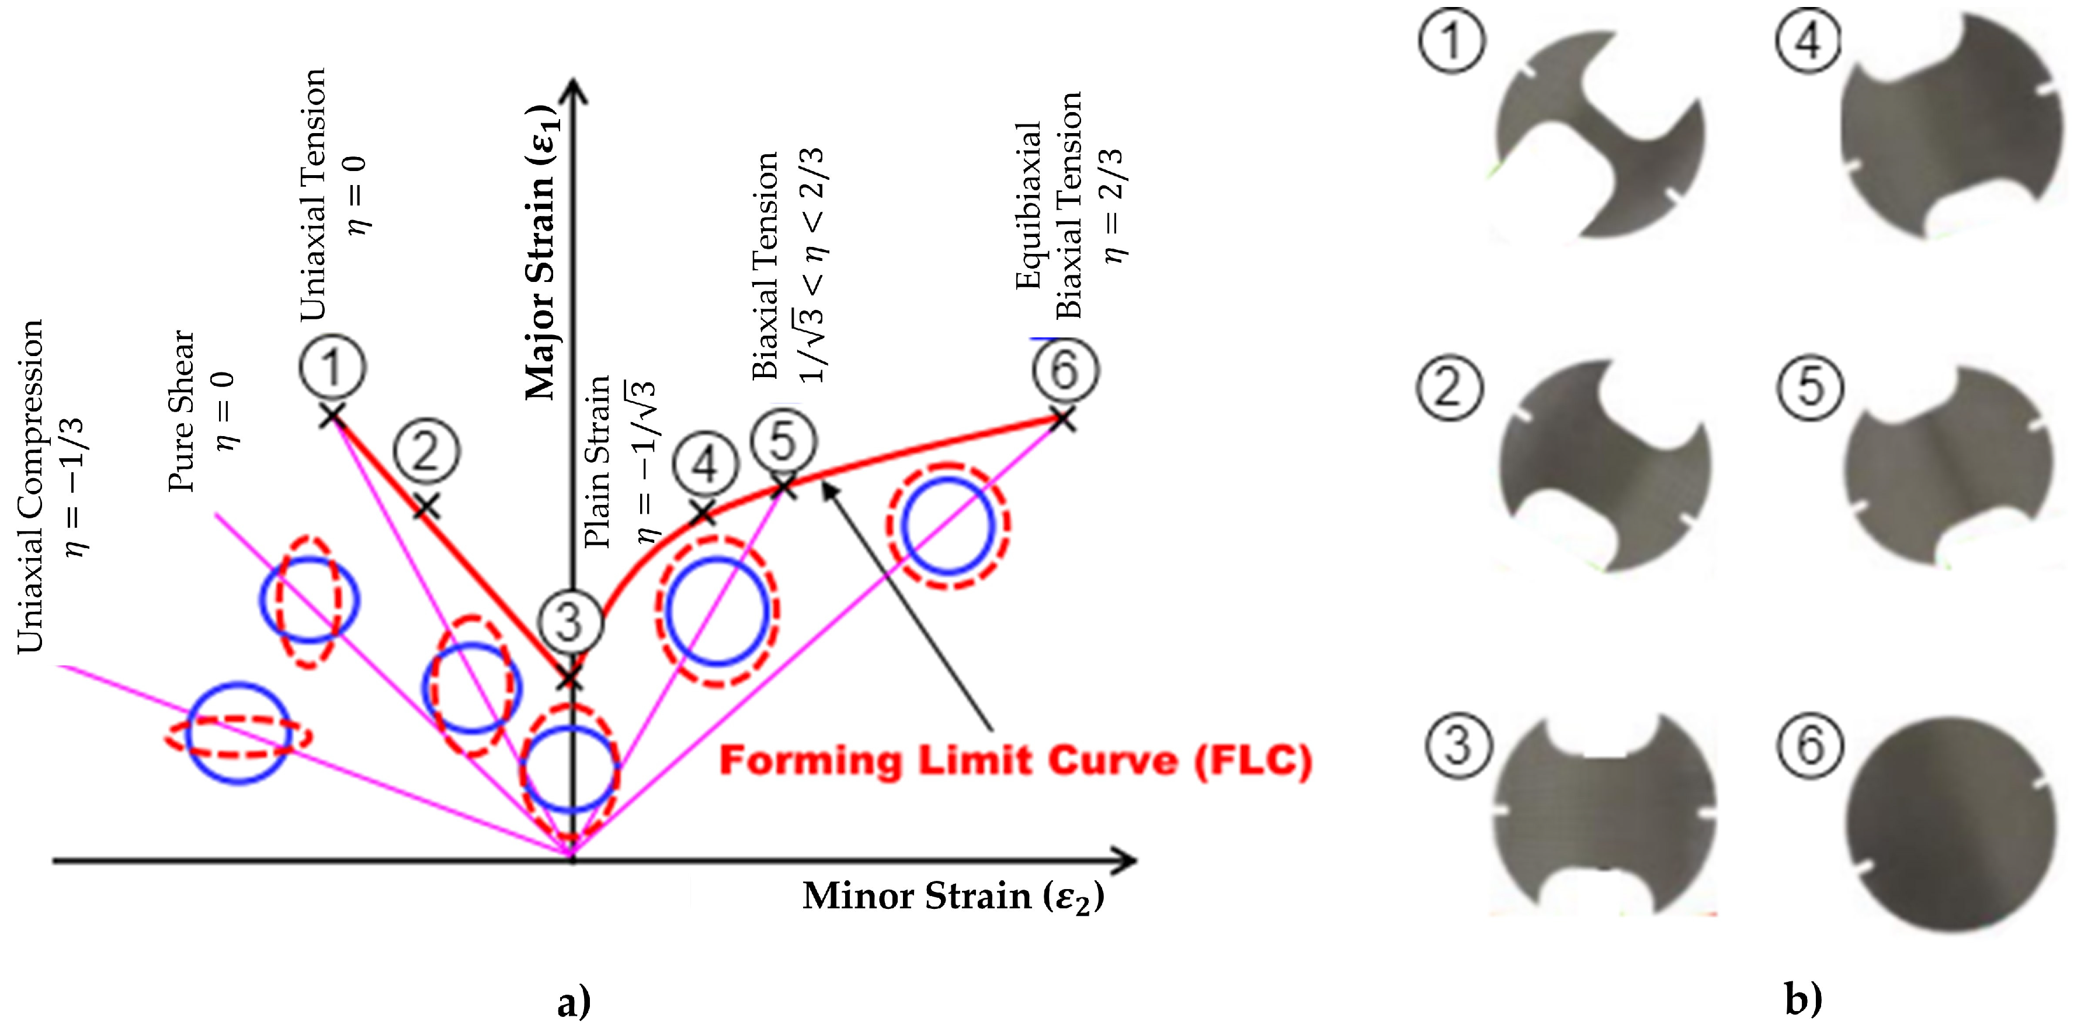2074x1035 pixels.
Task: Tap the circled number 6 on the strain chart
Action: pos(1064,370)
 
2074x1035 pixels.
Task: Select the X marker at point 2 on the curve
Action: pos(427,506)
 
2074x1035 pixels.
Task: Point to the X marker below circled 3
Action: pos(570,678)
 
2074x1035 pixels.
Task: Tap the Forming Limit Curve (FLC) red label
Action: pos(1015,761)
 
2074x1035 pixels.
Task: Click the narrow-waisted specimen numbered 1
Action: pos(1600,135)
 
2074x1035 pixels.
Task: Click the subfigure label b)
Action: pos(1804,999)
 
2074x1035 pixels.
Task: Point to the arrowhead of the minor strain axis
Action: pos(1127,860)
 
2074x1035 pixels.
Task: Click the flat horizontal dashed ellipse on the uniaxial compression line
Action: pos(238,736)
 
